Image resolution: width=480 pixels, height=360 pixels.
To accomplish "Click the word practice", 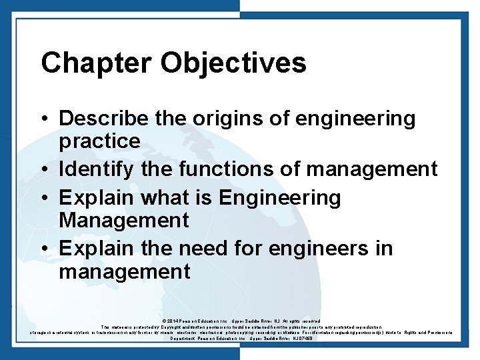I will click(99, 141).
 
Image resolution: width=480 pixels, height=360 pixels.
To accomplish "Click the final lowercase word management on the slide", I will click(125, 271).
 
